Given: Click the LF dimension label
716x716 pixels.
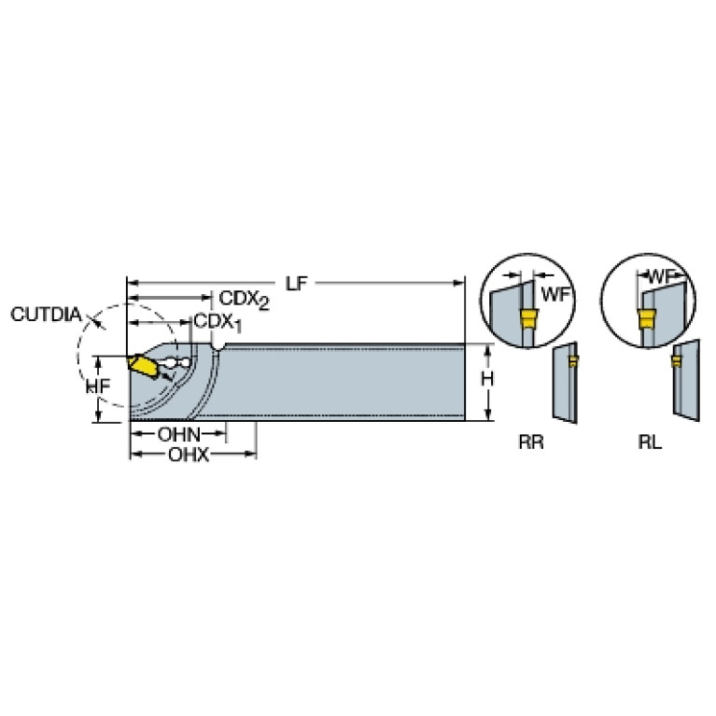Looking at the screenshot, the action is point(296,284).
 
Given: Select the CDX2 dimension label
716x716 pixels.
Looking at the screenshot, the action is point(245,300).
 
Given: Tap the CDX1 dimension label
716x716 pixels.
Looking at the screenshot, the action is point(218,323).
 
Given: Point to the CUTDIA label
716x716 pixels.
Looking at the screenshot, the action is point(46,315).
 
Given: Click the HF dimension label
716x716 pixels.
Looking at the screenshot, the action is point(98,386).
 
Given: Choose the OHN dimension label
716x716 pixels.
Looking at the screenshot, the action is point(179,434).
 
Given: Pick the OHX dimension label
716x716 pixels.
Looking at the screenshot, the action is point(189,455).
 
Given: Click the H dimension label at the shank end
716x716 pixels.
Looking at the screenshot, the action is point(487,379).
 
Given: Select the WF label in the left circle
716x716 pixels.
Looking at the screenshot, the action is point(555,295).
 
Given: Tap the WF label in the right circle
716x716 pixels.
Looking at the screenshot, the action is point(661,275).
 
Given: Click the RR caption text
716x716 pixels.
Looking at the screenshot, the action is point(531,442).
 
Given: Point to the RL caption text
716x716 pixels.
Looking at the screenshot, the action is point(650,442).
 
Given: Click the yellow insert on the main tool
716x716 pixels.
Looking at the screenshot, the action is point(143,366).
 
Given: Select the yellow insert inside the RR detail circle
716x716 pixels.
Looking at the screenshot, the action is point(528,317).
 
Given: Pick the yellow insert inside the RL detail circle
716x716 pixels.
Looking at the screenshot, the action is point(646,318).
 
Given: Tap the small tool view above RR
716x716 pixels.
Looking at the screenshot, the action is point(566,383).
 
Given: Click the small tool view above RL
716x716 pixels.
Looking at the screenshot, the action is point(686,380).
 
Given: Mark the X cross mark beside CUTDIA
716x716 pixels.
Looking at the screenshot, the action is point(95,319).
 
